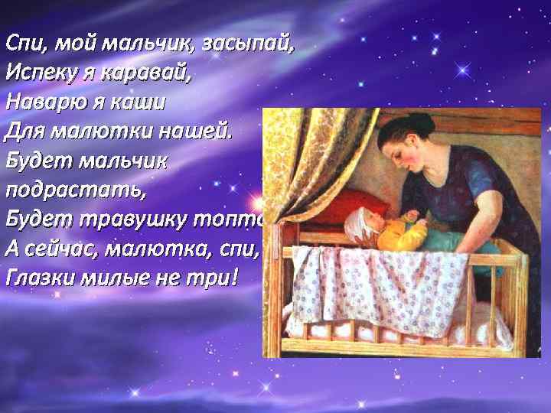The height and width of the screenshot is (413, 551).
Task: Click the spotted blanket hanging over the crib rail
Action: coord(383,291)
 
